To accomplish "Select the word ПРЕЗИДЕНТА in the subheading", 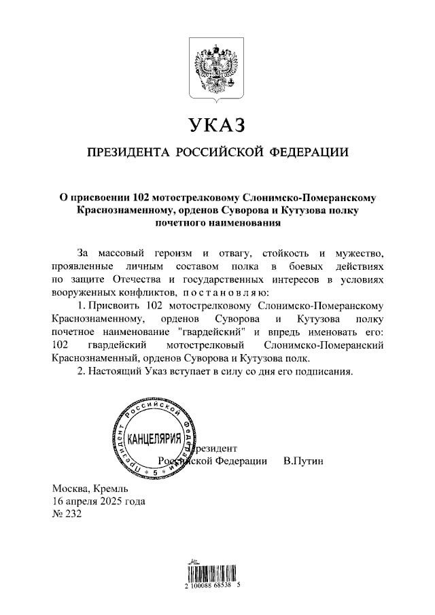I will tap(125, 152).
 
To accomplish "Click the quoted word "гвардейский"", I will tap(213, 332).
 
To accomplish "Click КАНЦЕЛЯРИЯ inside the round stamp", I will tap(154, 438).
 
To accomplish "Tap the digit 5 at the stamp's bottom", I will tap(155, 471).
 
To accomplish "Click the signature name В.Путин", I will tap(303, 461).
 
